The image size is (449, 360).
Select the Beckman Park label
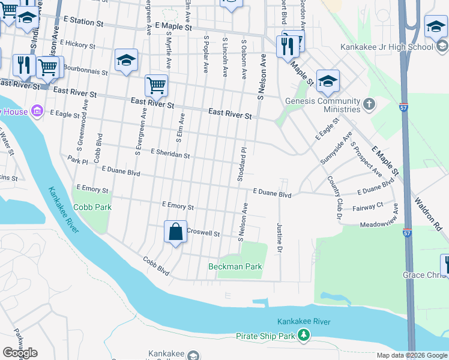235,266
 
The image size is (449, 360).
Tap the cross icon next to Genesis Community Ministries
369,105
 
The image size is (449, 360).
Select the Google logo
20,353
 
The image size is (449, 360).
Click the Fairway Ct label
372,205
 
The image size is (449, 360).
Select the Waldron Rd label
430,213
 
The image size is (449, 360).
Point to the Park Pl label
77,160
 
